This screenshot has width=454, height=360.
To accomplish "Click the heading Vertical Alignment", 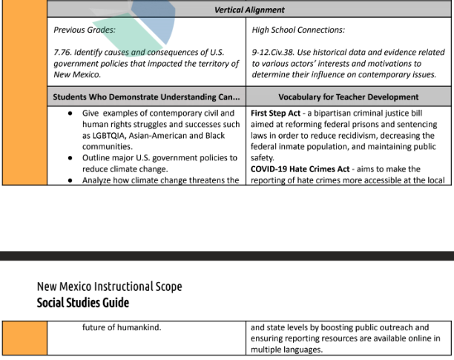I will point(249,10).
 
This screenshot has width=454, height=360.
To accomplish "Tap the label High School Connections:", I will point(297,30).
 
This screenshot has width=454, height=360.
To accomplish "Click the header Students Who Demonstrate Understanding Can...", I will point(146,97).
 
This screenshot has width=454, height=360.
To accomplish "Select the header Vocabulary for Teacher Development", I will point(348,97).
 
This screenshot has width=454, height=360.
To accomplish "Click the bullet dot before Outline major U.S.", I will point(69,158).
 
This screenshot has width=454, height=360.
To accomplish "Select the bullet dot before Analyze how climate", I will point(69,180).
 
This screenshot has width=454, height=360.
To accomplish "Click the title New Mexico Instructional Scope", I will point(109,287).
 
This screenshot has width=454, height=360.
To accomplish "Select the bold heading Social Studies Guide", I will point(83,302).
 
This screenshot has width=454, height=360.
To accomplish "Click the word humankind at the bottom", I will point(136,327).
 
